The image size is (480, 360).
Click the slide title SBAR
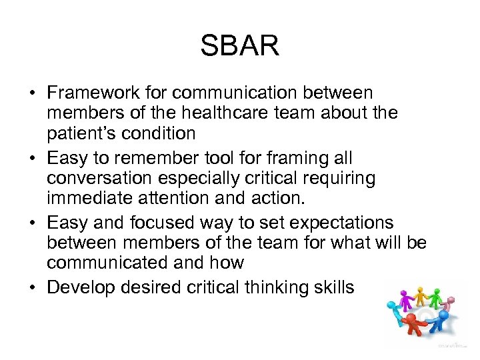[x=239, y=47]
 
